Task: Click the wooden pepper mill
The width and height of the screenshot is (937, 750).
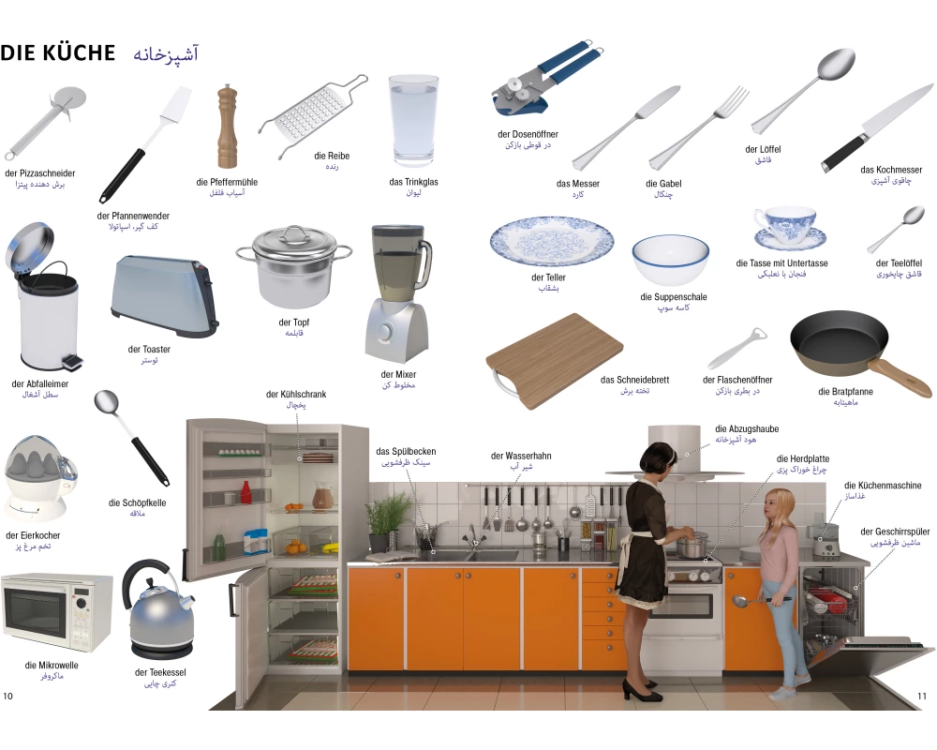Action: click(227, 127)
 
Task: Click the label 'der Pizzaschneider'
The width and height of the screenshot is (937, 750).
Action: click(40, 173)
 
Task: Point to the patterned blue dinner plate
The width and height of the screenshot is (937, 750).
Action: click(552, 242)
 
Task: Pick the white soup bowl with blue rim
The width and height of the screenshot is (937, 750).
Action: click(671, 260)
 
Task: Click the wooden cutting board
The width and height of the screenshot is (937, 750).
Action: click(555, 361)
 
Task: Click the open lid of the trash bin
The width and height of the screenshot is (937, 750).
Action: click(29, 246)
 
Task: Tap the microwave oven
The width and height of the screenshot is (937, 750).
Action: click(57, 612)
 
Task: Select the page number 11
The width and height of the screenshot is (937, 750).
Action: click(921, 697)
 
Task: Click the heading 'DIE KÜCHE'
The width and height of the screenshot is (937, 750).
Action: click(58, 52)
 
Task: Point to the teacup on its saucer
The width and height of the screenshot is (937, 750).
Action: click(789, 229)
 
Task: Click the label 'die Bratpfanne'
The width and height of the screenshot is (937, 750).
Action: click(845, 392)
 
